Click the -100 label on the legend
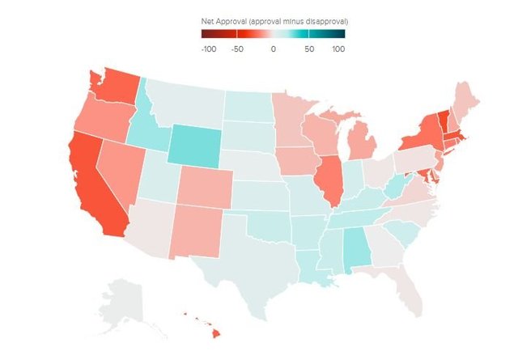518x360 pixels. (209, 49)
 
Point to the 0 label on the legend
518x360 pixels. (273, 49)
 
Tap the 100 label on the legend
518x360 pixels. (338, 49)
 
